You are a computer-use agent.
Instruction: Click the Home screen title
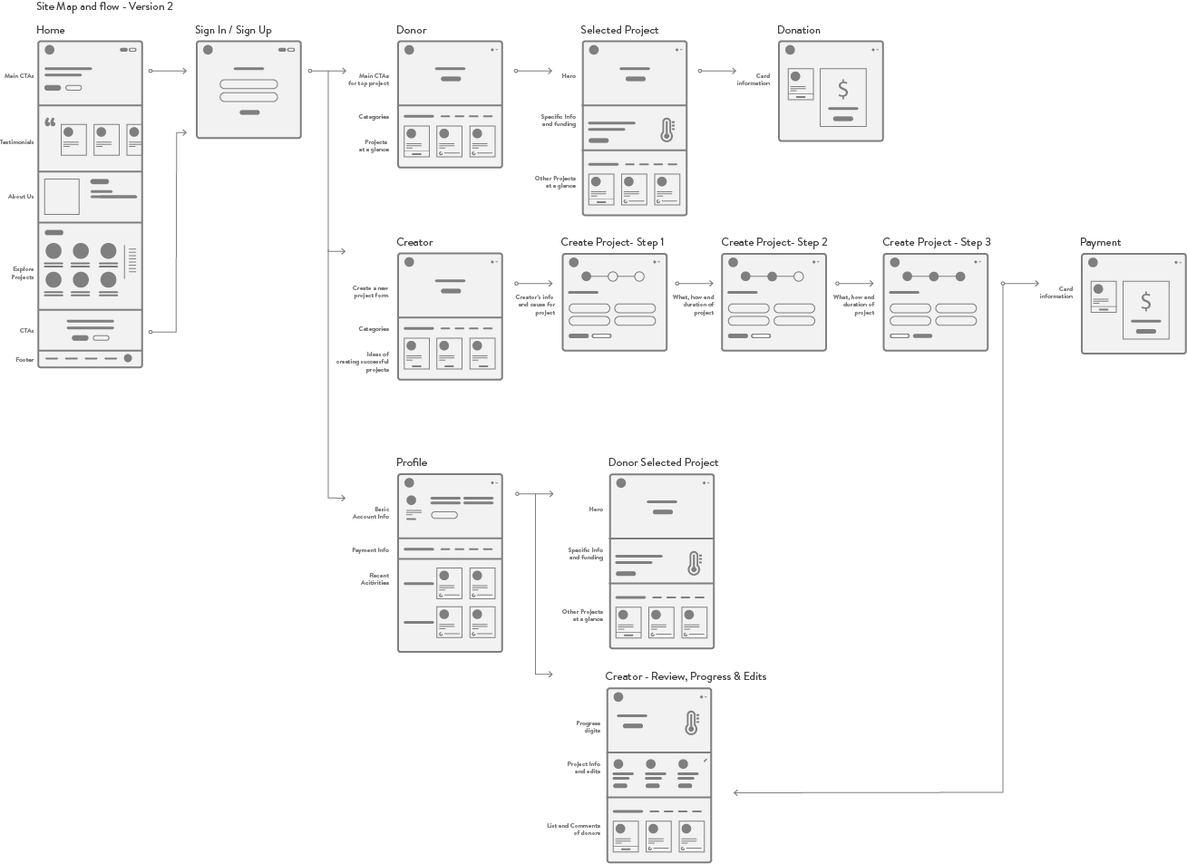[x=51, y=30]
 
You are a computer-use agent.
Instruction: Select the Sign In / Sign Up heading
[x=233, y=30]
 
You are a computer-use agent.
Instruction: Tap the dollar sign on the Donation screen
[x=843, y=90]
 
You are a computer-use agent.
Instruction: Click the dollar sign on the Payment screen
[x=1146, y=302]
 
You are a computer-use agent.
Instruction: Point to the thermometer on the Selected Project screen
[x=667, y=129]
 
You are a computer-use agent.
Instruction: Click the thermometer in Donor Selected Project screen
[x=695, y=563]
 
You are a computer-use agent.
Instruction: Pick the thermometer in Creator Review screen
[x=692, y=722]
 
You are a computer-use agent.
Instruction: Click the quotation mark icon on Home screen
[x=50, y=121]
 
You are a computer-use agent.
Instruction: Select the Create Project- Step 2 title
[x=774, y=242]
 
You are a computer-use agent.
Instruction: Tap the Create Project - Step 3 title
[x=937, y=242]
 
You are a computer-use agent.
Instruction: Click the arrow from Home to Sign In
[x=168, y=71]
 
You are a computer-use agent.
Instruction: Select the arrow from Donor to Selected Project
[x=533, y=71]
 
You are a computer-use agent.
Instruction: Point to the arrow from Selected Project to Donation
[x=718, y=71]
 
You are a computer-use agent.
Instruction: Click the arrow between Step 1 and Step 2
[x=695, y=283]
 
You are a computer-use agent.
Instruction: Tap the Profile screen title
[x=412, y=462]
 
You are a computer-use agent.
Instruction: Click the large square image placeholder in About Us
[x=62, y=197]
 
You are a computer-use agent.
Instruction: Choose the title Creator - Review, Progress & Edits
[x=686, y=676]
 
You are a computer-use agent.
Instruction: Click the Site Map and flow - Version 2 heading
[x=104, y=6]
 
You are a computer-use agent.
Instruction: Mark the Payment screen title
[x=1101, y=242]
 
